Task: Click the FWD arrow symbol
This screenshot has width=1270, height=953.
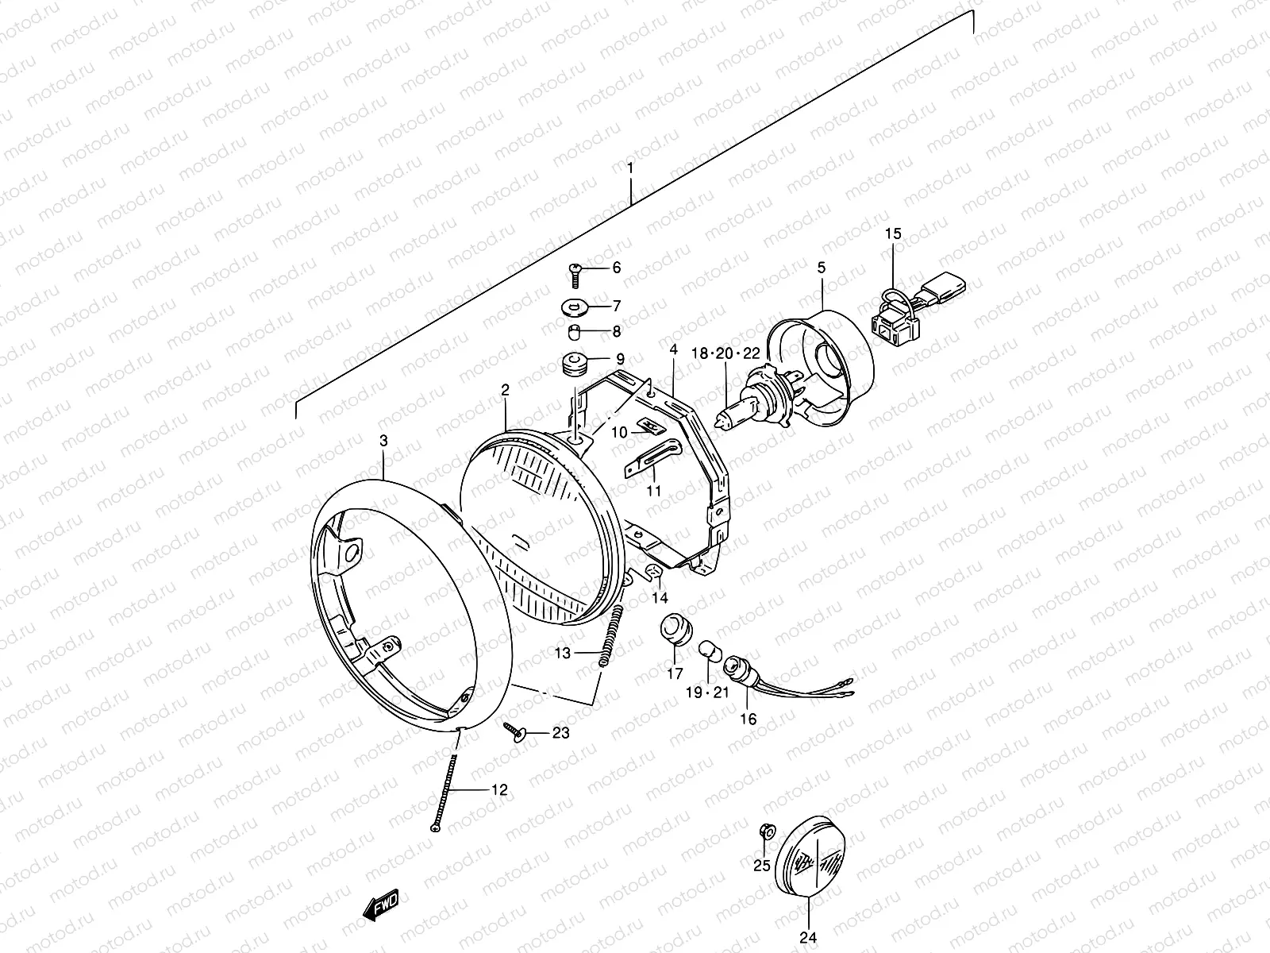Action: coord(381,905)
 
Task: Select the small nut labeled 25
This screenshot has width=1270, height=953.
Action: coord(766,831)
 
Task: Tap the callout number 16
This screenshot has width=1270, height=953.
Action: coord(748,720)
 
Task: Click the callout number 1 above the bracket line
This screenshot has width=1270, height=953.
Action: coord(630,168)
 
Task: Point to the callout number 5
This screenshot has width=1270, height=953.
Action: coord(821,268)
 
